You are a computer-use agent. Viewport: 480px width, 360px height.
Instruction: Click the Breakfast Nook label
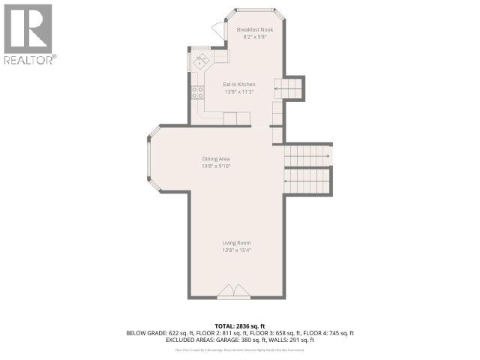click(255, 30)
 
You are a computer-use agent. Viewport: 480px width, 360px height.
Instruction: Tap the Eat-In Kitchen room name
click(239, 85)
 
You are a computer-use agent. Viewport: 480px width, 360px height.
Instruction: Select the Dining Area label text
click(215, 159)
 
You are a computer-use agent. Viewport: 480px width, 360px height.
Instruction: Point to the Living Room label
click(236, 243)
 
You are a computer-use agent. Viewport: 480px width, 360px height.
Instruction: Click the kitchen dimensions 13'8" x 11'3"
click(238, 92)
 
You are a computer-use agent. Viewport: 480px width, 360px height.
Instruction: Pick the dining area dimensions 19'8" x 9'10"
click(215, 166)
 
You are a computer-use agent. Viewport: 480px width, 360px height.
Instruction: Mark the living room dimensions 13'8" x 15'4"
click(236, 250)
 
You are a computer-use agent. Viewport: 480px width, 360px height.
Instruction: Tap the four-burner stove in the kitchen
click(198, 92)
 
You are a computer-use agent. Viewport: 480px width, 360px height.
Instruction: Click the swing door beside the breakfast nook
click(218, 29)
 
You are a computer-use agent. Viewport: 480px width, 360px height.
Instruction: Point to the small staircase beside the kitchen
click(289, 88)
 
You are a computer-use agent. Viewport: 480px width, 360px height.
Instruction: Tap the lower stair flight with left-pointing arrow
click(307, 180)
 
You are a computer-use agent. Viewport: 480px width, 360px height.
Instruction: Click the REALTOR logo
click(28, 34)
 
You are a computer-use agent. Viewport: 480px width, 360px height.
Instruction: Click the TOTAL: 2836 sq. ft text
click(239, 325)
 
